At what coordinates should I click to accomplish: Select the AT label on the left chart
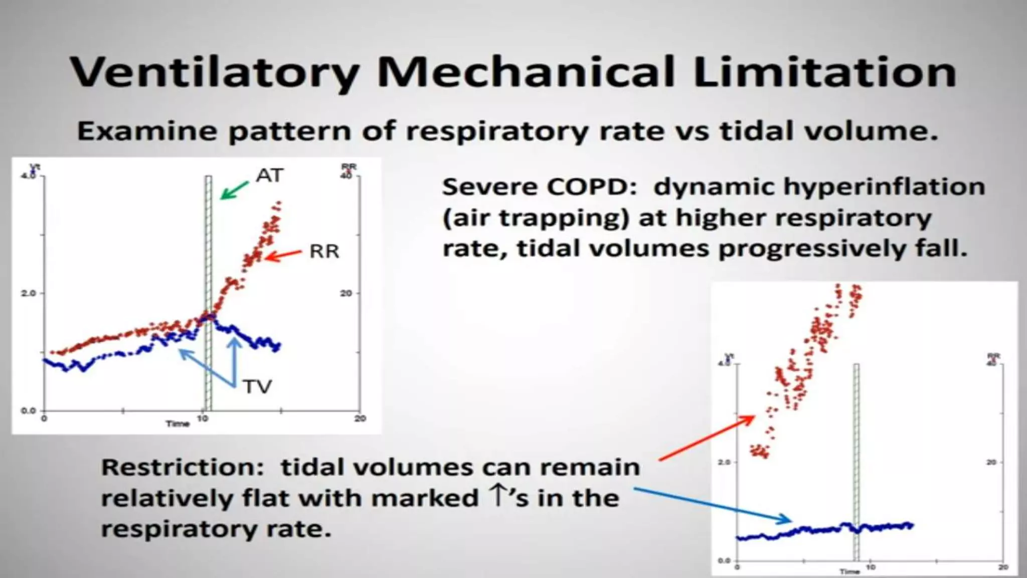[x=270, y=175]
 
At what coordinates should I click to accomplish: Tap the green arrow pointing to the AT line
[x=234, y=190]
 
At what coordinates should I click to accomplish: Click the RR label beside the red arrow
[x=324, y=251]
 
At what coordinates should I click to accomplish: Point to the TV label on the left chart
[x=257, y=387]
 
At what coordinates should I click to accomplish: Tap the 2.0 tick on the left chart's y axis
[x=29, y=293]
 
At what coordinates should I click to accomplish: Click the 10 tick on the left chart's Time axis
[x=202, y=418]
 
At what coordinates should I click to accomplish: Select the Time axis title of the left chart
[x=178, y=424]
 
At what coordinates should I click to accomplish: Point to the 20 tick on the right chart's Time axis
[x=1003, y=567]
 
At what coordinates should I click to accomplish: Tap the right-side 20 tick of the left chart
[x=346, y=293]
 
